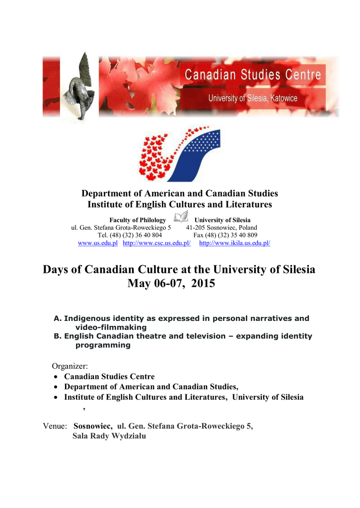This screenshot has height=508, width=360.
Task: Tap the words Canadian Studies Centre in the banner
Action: pyautogui.click(x=253, y=76)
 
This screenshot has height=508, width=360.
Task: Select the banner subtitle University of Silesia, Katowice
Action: pyautogui.click(x=253, y=98)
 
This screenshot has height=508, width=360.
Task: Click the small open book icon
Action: pyautogui.click(x=181, y=216)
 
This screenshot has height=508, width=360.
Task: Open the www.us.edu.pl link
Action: pyautogui.click(x=98, y=243)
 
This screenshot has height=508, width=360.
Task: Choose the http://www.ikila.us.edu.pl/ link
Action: pyautogui.click(x=234, y=243)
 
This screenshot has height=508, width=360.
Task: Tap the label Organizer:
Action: pyautogui.click(x=70, y=366)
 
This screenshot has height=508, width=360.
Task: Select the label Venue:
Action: pyautogui.click(x=55, y=426)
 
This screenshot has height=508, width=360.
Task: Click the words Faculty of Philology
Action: pyautogui.click(x=138, y=220)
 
